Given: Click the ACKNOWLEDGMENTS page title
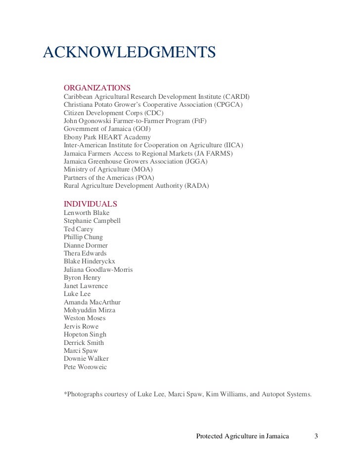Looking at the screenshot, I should pyautogui.click(x=130, y=52).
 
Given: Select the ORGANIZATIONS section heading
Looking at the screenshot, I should pyautogui.click(x=97, y=88).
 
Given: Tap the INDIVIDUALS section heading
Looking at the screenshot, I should pyautogui.click(x=90, y=204).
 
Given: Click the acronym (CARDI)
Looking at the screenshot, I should pyautogui.click(x=236, y=96).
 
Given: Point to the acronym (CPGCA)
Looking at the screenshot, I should pyautogui.click(x=228, y=105).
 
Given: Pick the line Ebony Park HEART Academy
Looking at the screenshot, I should pyautogui.click(x=107, y=137).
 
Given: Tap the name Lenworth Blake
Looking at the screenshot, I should pyautogui.click(x=87, y=213).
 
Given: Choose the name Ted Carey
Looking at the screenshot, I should pyautogui.click(x=78, y=229).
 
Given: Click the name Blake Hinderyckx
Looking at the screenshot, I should pyautogui.click(x=90, y=261).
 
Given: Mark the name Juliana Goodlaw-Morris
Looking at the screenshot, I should pyautogui.click(x=98, y=270).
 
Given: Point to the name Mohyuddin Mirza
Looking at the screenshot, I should pyautogui.click(x=90, y=310).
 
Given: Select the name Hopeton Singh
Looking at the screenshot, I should pyautogui.click(x=85, y=335).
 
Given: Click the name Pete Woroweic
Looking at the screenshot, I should pyautogui.click(x=85, y=367).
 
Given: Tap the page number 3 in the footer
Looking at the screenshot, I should pyautogui.click(x=316, y=436).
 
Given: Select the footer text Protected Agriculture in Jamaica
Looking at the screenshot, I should pyautogui.click(x=242, y=436).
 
